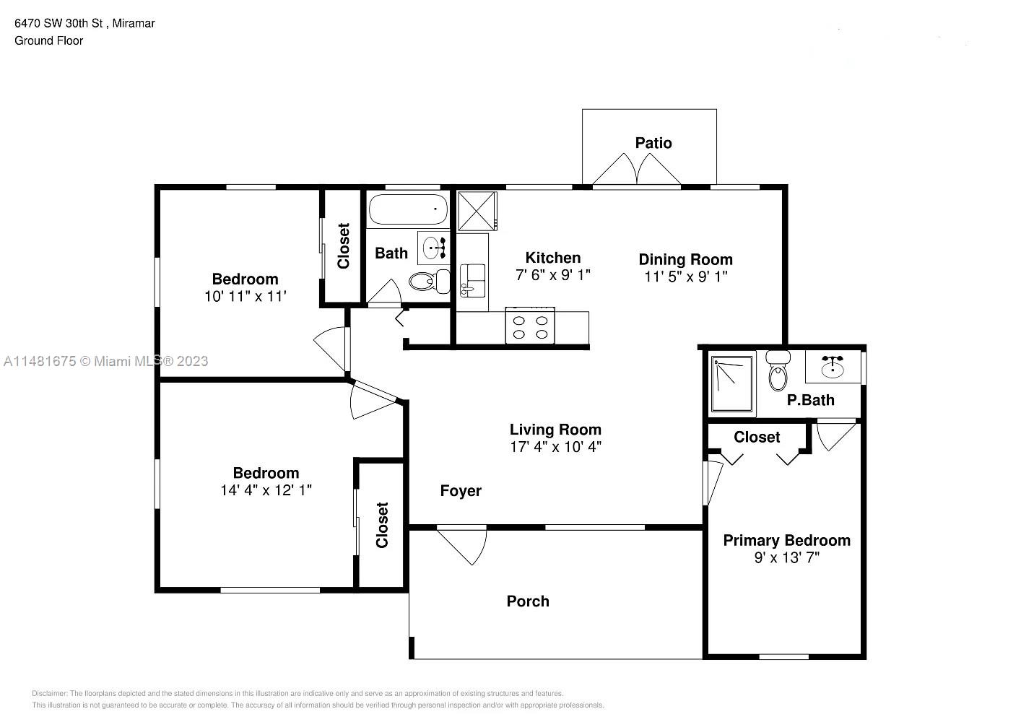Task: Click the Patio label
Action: pyautogui.click(x=653, y=143)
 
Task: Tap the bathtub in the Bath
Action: pyautogui.click(x=408, y=209)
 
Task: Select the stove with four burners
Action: pyautogui.click(x=530, y=326)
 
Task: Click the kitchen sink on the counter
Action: pyautogui.click(x=472, y=280)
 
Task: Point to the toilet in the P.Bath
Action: pyautogui.click(x=778, y=370)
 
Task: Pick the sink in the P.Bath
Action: pyautogui.click(x=833, y=366)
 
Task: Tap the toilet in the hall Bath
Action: pyautogui.click(x=429, y=282)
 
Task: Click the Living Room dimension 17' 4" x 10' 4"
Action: pyautogui.click(x=555, y=447)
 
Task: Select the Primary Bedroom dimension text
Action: pyautogui.click(x=787, y=557)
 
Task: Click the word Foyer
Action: pyautogui.click(x=461, y=490)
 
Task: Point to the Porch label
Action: pyautogui.click(x=528, y=601)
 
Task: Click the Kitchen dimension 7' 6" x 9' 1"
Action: pyautogui.click(x=553, y=275)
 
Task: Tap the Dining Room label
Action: pyautogui.click(x=685, y=259)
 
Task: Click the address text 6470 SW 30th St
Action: pyautogui.click(x=58, y=23)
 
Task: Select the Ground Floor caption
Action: pyautogui.click(x=49, y=40)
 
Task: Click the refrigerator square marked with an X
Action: pyautogui.click(x=477, y=211)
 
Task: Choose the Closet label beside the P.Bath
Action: pyautogui.click(x=757, y=437)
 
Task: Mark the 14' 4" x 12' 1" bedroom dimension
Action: pyautogui.click(x=266, y=490)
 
